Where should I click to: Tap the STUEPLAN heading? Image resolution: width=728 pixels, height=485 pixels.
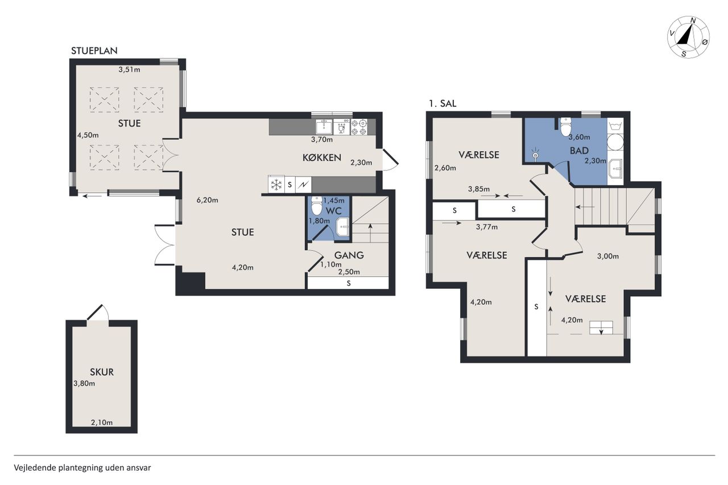click(94, 51)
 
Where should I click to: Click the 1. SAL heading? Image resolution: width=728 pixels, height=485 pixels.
click(442, 103)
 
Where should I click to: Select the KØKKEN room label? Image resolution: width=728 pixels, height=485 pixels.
click(322, 158)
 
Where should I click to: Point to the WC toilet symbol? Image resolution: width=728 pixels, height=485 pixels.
click(317, 205)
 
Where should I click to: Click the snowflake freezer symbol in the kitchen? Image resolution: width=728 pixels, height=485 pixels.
click(276, 185)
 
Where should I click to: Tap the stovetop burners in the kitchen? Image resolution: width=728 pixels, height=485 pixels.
click(359, 127)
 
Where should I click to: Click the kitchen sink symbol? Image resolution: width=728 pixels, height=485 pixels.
click(324, 127)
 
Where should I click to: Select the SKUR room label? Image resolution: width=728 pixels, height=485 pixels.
click(102, 372)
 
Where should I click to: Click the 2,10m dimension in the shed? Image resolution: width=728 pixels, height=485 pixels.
click(102, 422)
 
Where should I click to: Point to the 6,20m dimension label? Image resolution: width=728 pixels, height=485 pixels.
click(207, 200)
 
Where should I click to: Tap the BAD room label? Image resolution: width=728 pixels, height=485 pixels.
click(579, 151)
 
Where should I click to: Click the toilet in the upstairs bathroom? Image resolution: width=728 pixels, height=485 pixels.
click(566, 127)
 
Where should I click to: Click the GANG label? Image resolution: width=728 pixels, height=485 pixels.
click(349, 255)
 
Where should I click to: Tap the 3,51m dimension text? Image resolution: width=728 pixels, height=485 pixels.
click(129, 69)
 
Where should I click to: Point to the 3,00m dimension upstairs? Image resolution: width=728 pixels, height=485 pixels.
click(608, 256)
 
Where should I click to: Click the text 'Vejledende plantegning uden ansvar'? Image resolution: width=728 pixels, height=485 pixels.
click(82, 468)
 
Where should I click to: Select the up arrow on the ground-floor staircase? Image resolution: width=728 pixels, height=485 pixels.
click(370, 233)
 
